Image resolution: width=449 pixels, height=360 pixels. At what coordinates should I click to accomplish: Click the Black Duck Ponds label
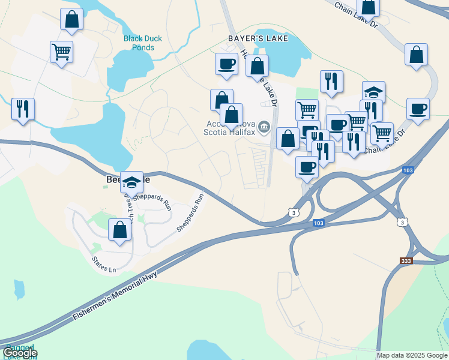click(143, 43)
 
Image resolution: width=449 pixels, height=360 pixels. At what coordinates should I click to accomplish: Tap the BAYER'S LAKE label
click(258, 38)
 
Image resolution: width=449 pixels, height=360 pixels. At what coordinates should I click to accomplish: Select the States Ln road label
click(103, 265)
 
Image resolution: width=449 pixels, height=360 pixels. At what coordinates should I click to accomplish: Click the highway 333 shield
click(407, 262)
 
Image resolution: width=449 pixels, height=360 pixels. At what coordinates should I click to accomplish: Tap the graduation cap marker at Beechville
click(132, 182)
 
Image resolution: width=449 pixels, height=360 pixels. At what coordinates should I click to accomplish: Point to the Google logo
click(20, 353)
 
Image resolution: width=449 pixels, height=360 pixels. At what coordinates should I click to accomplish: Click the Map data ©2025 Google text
click(412, 355)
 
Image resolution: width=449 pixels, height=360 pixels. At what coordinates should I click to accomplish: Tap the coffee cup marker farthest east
click(418, 109)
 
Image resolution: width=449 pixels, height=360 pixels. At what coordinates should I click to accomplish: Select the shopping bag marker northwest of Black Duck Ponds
click(72, 19)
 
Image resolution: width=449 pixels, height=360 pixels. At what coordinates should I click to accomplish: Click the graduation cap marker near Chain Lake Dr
click(373, 92)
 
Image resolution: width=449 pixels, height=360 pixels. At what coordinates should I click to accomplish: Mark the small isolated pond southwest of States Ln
click(20, 290)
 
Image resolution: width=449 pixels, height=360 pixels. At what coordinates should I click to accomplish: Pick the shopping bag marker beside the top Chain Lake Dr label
click(368, 7)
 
